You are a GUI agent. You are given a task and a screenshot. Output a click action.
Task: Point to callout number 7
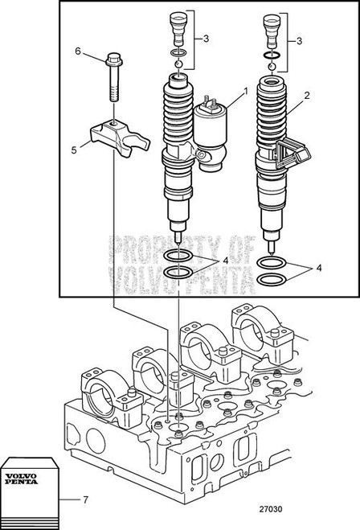(87, 499)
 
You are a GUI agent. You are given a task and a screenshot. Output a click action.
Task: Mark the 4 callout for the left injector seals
(227, 261)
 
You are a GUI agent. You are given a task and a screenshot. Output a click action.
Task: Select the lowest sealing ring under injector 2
(274, 280)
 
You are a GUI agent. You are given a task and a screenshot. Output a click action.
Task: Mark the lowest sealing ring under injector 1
(178, 274)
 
